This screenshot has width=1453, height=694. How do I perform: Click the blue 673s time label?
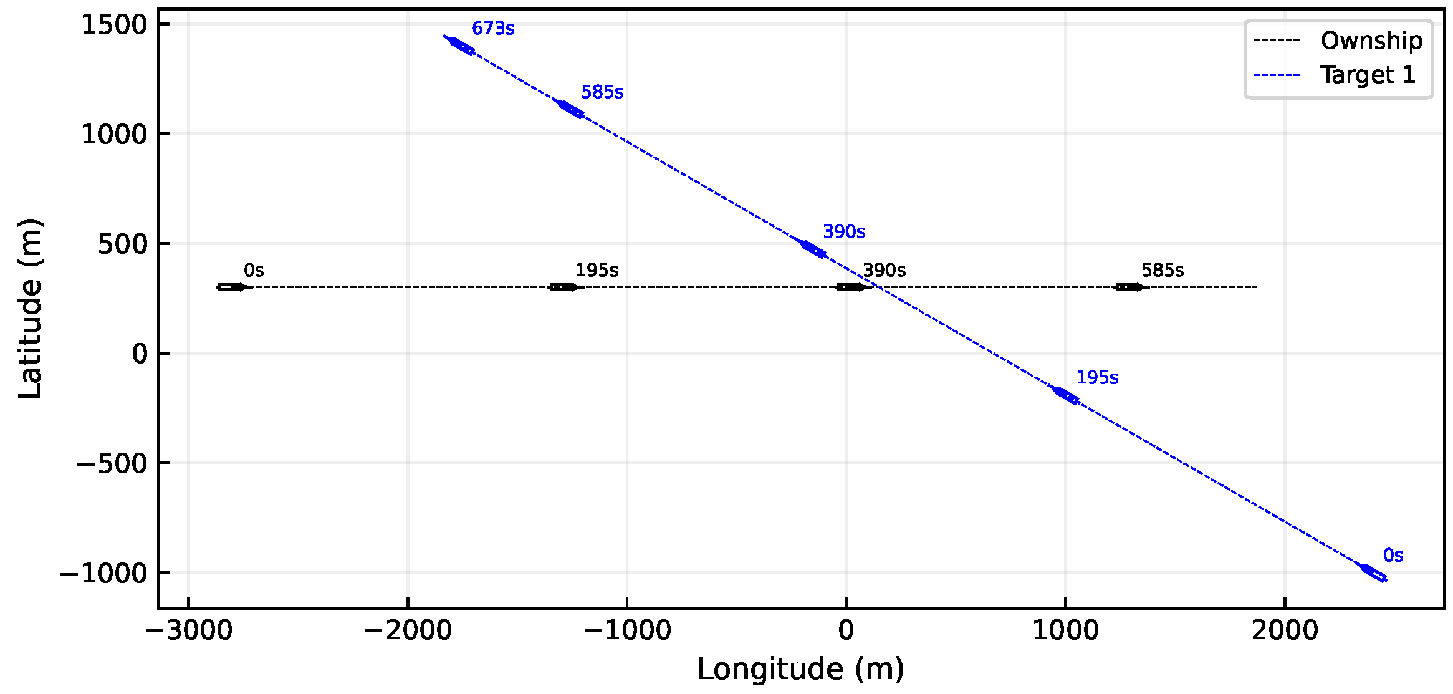tap(492, 29)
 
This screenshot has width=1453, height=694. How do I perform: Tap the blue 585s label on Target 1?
tap(602, 92)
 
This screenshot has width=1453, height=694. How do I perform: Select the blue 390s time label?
tap(843, 232)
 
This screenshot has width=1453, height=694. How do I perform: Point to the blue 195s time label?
tap(1096, 378)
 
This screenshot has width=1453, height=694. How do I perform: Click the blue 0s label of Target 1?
tap(1393, 556)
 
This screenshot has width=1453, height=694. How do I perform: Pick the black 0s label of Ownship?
tap(254, 271)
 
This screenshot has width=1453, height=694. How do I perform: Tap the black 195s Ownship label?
tap(597, 271)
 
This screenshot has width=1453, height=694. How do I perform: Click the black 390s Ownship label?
tap(884, 271)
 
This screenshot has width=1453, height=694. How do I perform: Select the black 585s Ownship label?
tap(1162, 271)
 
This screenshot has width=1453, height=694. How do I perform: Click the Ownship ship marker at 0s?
tap(232, 287)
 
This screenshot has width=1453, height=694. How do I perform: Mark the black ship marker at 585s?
tap(1130, 287)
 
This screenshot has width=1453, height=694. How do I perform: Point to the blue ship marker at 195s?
tap(1065, 395)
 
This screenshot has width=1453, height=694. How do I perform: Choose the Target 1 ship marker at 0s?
tap(1373, 573)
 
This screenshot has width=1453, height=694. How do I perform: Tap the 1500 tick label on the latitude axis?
tap(114, 25)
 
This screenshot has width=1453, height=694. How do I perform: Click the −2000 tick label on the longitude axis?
tap(408, 630)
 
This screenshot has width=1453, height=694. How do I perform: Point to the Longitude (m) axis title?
tap(800, 670)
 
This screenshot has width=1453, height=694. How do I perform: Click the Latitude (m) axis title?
tap(30, 309)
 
